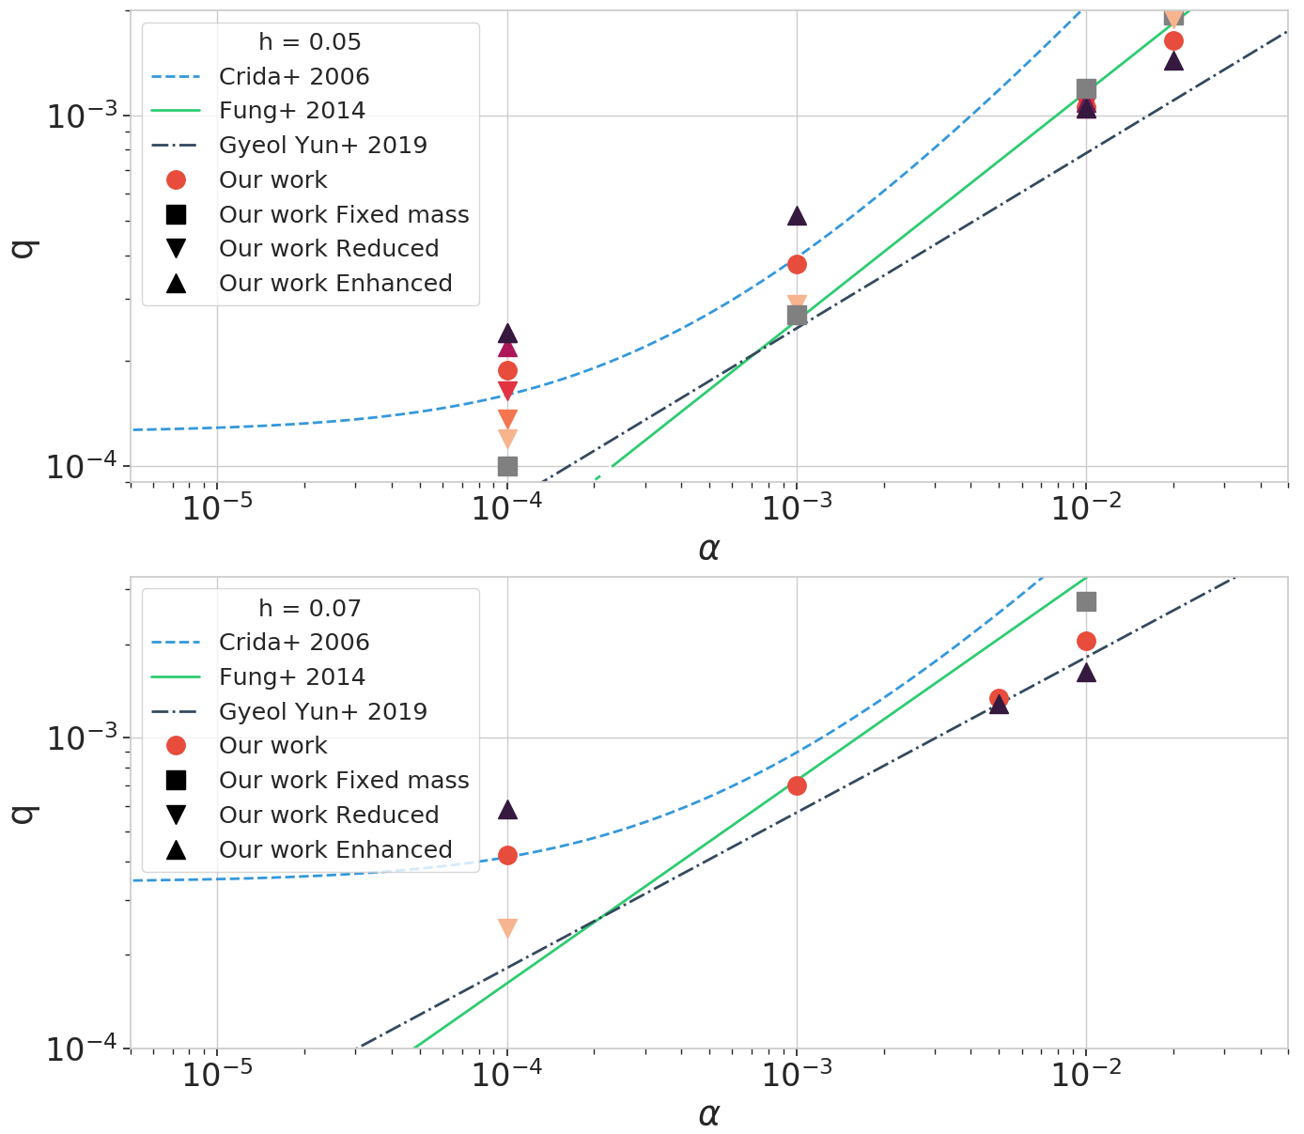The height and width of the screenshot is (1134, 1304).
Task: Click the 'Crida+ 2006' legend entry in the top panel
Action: click(293, 76)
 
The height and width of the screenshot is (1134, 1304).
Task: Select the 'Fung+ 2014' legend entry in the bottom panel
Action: click(291, 676)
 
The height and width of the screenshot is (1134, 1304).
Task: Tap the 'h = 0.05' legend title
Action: click(309, 42)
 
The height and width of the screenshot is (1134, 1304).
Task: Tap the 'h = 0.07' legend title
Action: click(309, 608)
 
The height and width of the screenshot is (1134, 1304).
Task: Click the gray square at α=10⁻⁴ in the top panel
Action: click(507, 466)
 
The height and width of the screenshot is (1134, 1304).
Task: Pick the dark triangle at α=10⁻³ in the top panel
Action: click(797, 216)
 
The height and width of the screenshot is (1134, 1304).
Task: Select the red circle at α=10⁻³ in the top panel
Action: click(797, 264)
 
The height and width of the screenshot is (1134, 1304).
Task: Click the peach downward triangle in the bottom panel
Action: click(507, 928)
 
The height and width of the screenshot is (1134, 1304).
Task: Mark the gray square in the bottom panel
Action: click(1086, 601)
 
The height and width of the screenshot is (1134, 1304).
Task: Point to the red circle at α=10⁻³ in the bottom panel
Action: click(797, 785)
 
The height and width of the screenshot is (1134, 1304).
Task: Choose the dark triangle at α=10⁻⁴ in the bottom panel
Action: click(507, 809)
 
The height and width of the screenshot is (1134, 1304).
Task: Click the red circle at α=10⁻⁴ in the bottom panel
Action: click(507, 855)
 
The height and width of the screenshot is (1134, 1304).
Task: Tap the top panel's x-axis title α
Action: click(708, 549)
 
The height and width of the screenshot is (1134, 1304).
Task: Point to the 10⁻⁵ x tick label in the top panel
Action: click(217, 507)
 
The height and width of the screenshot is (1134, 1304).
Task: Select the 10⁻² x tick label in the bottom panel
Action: click(1085, 1073)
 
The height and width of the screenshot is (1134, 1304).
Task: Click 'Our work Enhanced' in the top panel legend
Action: click(334, 284)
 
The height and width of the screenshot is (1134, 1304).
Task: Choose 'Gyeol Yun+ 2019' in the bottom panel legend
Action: click(322, 711)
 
